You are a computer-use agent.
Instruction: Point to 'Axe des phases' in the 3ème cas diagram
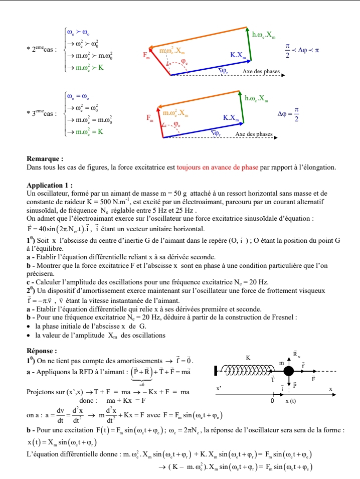click(254, 134)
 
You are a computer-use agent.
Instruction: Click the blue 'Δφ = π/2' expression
click(288, 113)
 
